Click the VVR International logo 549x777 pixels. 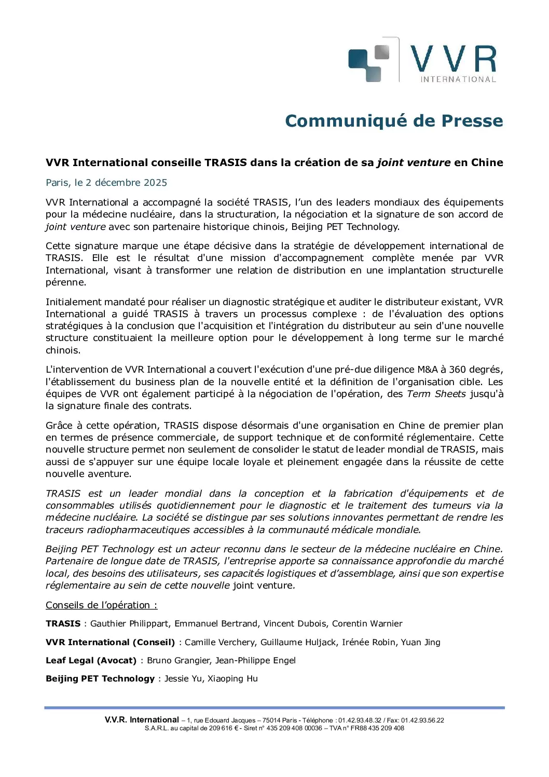(421, 61)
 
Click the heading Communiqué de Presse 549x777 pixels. (394, 121)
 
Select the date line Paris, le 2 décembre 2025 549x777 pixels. (106, 183)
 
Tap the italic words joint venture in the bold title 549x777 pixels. (414, 162)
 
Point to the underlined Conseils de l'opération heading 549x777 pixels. (101, 605)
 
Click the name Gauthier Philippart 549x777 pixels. (130, 624)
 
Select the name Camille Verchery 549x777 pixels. (220, 643)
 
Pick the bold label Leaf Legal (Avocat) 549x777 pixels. (91, 661)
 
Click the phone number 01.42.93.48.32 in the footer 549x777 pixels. (360, 720)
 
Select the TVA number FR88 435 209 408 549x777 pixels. (377, 728)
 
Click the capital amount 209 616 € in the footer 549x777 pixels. (223, 728)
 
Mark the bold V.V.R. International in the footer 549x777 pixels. (142, 720)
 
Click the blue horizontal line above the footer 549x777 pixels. (274, 707)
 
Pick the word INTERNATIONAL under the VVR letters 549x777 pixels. (458, 79)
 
